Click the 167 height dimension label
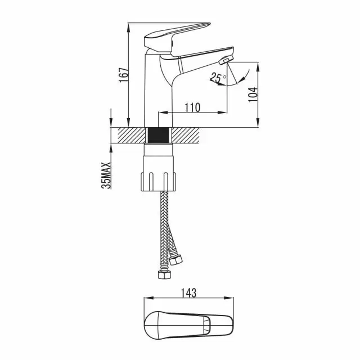pos(124,75)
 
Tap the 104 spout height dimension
pos(253,94)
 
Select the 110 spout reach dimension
pos(192,107)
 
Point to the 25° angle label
pos(218,78)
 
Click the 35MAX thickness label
pos(106,175)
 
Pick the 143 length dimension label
pos(189,293)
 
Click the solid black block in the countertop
pos(159,135)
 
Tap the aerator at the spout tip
pos(226,60)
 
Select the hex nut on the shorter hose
pos(175,259)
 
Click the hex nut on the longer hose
pos(164,275)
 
